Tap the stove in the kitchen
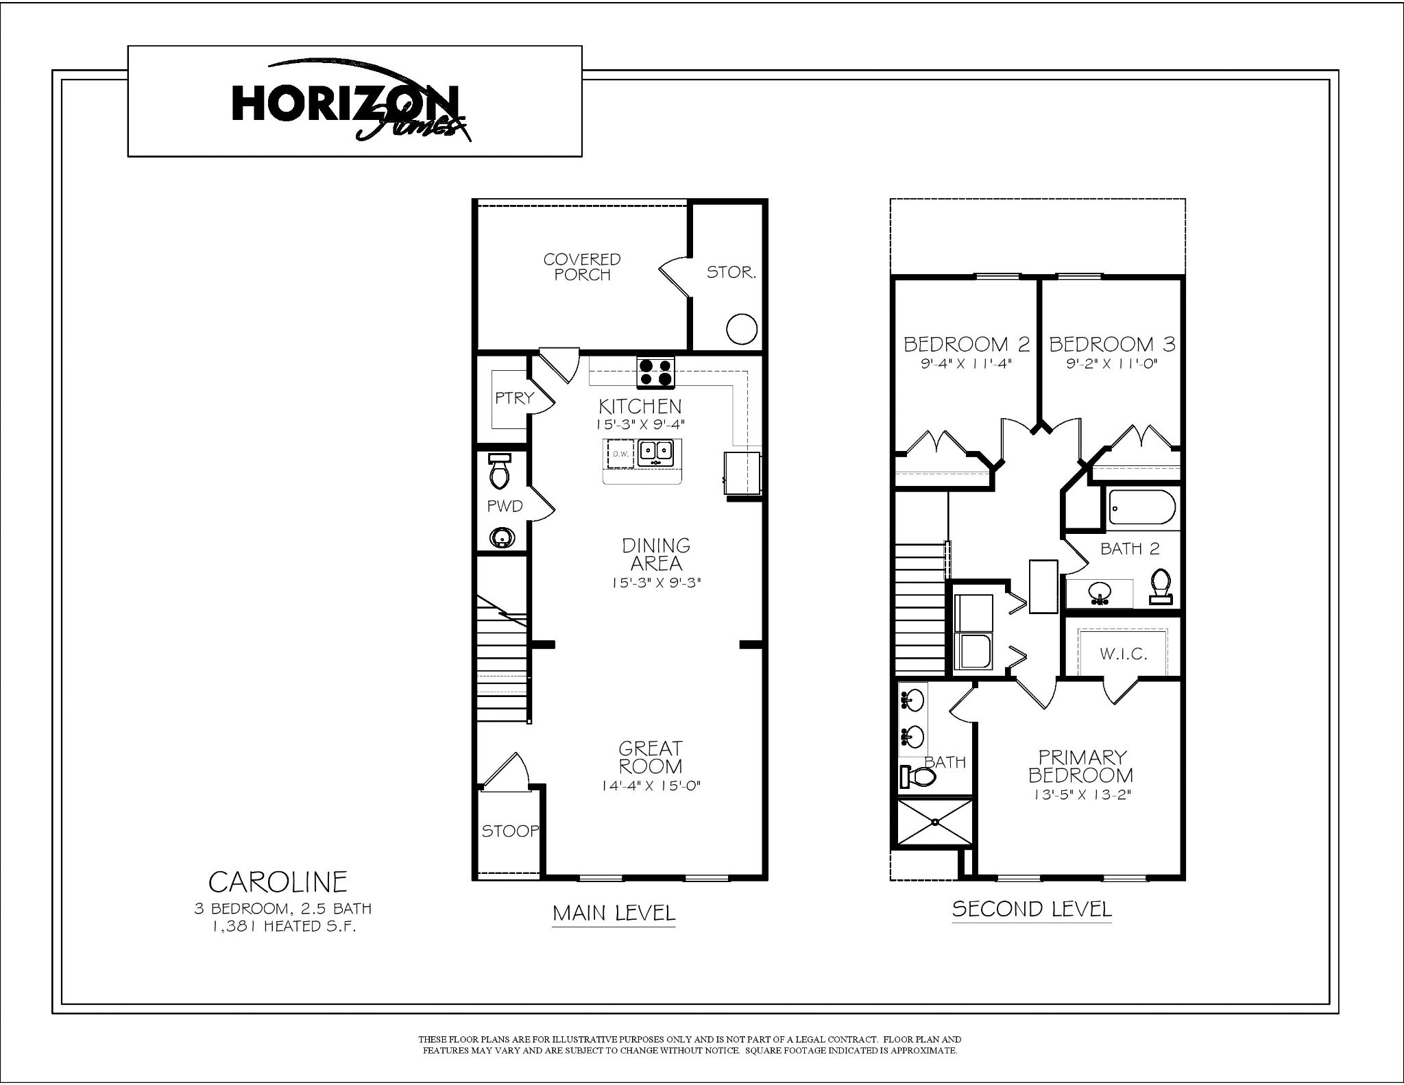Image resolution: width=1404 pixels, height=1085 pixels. click(x=655, y=372)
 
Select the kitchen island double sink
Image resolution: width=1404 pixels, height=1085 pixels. click(x=655, y=453)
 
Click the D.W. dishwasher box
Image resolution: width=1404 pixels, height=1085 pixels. click(x=620, y=453)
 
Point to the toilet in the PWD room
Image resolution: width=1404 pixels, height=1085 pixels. click(x=498, y=470)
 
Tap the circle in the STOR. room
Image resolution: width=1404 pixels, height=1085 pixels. click(x=741, y=329)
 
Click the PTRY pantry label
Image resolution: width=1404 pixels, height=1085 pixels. click(x=514, y=398)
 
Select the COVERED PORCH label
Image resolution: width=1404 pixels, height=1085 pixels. click(x=582, y=267)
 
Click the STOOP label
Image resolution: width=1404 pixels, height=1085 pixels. click(x=510, y=831)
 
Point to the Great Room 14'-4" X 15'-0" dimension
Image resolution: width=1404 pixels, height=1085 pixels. click(x=650, y=785)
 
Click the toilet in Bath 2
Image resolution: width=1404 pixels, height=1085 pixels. click(x=1161, y=586)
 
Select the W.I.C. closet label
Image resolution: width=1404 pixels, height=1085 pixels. click(x=1124, y=654)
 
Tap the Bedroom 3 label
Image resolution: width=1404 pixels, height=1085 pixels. click(x=1112, y=344)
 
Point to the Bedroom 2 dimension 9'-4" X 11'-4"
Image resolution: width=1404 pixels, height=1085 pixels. click(x=967, y=363)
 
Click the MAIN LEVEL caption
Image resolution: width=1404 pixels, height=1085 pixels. click(x=614, y=913)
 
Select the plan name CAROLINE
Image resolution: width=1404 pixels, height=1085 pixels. click(x=278, y=881)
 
